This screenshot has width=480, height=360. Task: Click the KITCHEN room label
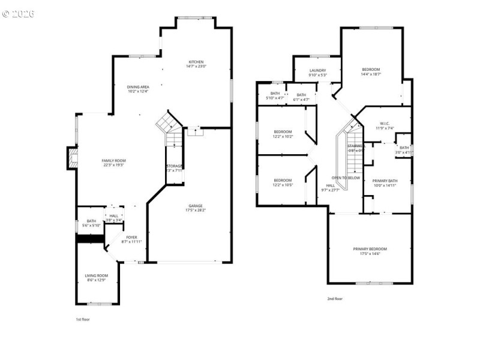coord(196,62)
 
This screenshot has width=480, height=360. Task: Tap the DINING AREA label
coord(137,87)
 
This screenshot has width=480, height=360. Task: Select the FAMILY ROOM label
coord(112,161)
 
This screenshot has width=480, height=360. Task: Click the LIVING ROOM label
coord(97,275)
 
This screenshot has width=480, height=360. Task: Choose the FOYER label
coord(131,238)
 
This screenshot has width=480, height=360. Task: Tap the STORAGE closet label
coord(175,166)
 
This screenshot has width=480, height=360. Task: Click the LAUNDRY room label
coord(317,71)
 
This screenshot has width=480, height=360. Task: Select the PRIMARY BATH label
coord(385,181)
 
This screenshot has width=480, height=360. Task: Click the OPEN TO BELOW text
coord(346,178)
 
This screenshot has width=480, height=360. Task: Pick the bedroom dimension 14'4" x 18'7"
coord(371,74)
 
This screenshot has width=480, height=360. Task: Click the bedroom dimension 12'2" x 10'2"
coord(283,136)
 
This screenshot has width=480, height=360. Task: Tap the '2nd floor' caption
coord(335,298)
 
